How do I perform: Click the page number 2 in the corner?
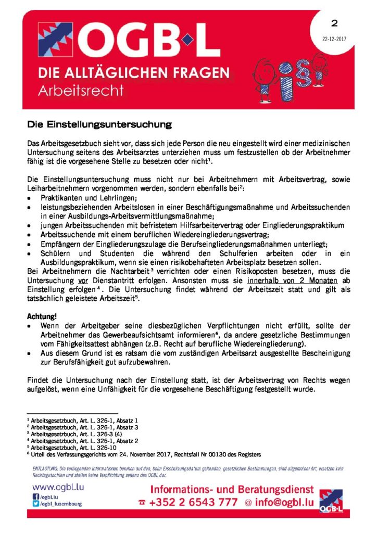334,23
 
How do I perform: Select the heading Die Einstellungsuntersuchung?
99,125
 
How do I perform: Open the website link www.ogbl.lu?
58,488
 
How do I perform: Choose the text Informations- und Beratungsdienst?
232,490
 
